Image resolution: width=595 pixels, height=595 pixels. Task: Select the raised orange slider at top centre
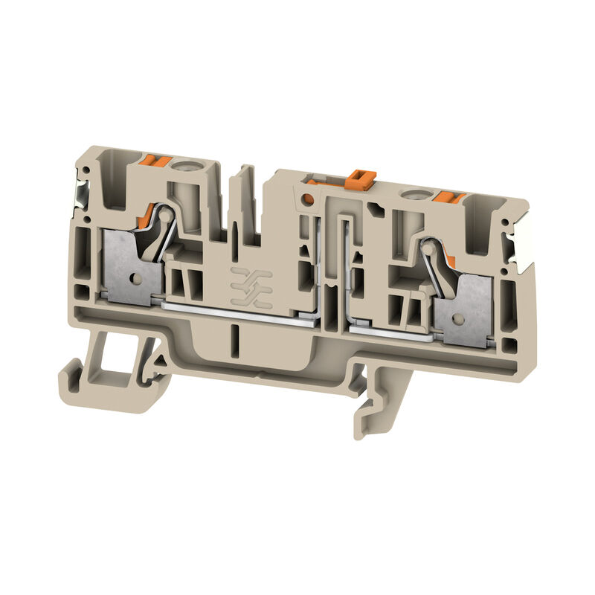tap(359, 178)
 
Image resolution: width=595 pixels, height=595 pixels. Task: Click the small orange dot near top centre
tap(305, 199)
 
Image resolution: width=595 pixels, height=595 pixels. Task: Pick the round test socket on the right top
tap(409, 196)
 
